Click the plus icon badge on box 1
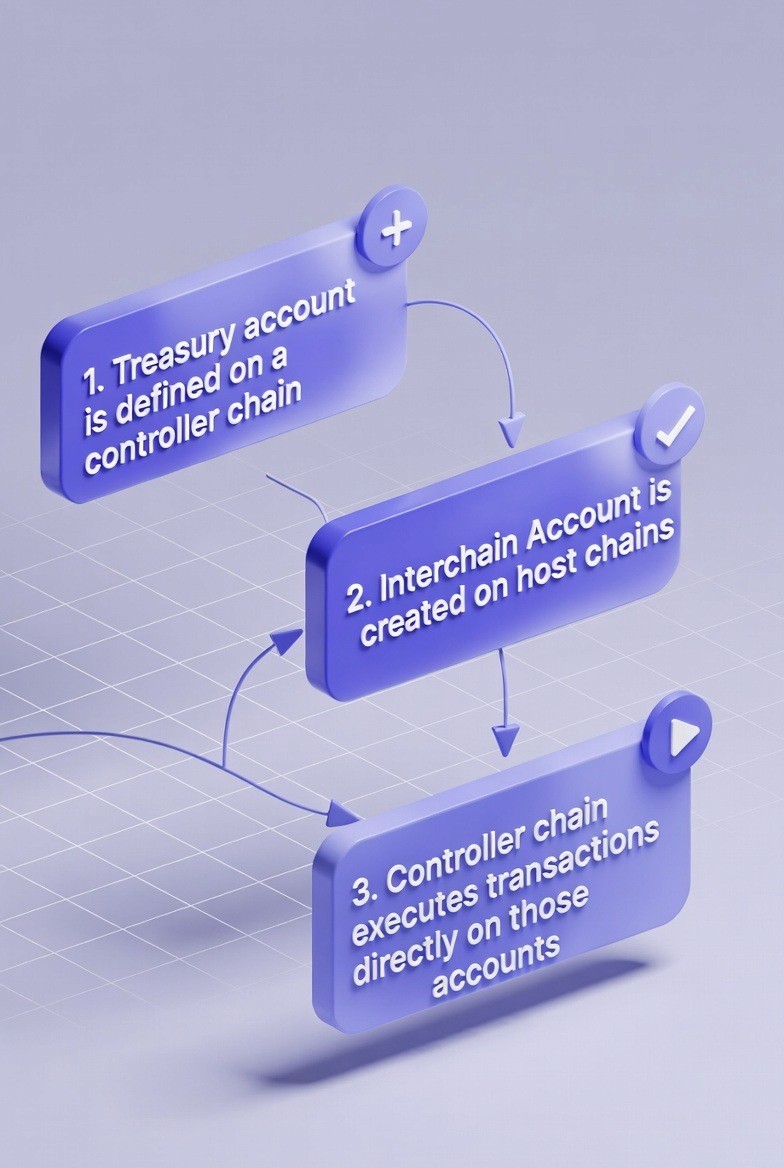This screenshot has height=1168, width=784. tap(396, 229)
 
